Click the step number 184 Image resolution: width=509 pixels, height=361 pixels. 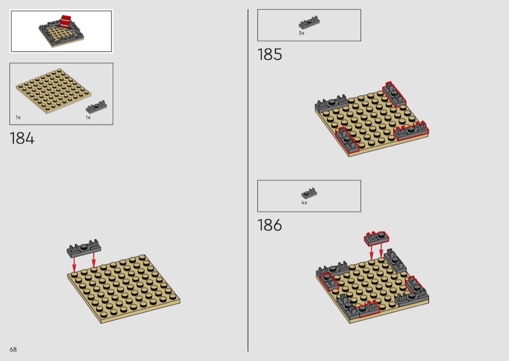coord(22,138)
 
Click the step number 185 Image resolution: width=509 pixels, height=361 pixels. coord(270,55)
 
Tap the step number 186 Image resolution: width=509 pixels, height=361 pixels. coord(270,225)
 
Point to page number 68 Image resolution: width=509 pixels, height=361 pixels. coord(13,349)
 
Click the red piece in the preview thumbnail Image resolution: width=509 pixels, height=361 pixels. coord(66,21)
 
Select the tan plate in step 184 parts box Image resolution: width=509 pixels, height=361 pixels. coord(53,91)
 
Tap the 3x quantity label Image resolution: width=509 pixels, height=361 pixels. coord(302,33)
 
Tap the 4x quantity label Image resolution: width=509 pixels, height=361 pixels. coord(304,203)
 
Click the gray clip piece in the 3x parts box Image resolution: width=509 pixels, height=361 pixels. coord(309,23)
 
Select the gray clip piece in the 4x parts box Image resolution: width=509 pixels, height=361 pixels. coord(309,194)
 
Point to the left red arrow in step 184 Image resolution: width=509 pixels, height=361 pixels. coord(74,265)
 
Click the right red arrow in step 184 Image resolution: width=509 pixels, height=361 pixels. coord(94,260)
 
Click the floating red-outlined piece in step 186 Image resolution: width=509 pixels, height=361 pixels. coord(376,238)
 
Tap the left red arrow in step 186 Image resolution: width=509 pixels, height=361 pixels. coord(372,253)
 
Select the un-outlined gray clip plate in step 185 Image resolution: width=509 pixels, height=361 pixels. coord(331,104)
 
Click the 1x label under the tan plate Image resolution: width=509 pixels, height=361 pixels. coord(18,117)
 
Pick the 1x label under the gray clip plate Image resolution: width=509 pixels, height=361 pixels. coord(88,117)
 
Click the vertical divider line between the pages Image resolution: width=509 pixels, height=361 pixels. coord(248,180)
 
